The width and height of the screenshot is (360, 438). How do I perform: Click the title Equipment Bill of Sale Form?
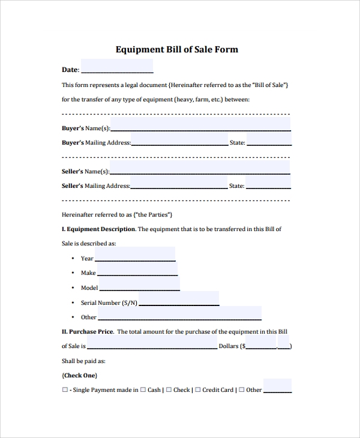176,49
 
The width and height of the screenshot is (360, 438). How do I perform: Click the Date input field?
116,67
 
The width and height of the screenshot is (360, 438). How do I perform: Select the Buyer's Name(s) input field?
200,125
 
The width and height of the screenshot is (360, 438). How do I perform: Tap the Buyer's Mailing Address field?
179,140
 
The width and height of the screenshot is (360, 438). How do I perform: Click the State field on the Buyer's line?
268,140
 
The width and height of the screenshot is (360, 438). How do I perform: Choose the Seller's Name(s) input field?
200,168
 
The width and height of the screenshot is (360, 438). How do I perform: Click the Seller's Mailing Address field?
179,182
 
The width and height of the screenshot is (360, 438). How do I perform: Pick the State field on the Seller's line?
268,182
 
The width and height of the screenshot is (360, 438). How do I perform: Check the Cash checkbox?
143,390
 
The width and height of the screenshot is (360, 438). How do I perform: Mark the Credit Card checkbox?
198,390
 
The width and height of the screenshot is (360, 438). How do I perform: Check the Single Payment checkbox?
65,390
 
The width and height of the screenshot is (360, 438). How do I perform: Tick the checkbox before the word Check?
169,390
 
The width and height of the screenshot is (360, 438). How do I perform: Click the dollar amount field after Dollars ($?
261,343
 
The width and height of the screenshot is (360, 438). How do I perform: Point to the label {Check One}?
79,376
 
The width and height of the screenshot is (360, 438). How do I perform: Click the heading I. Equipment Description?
98,229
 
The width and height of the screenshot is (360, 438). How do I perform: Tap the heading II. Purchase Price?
88,331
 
